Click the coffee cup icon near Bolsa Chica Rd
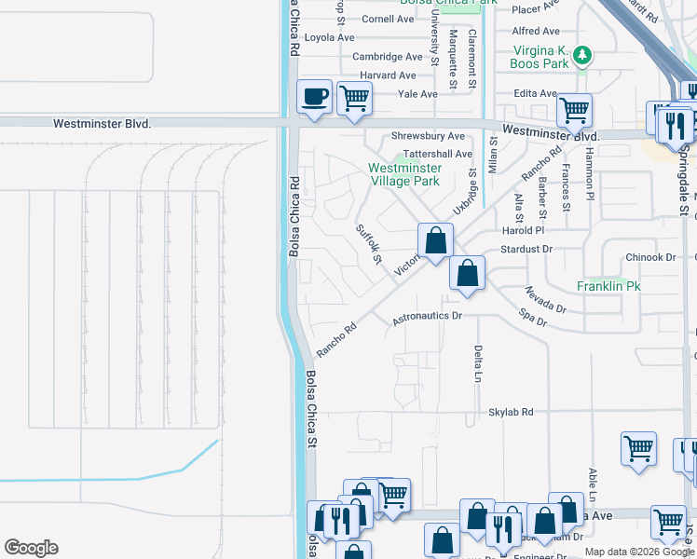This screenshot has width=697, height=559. click(x=314, y=96)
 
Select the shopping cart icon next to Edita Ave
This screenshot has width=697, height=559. click(x=574, y=110)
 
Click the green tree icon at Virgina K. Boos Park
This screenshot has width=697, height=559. click(x=583, y=55)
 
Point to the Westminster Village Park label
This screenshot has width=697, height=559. click(x=403, y=174)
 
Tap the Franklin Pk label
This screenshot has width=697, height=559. click(x=607, y=286)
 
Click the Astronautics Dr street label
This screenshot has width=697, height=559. click(x=427, y=317)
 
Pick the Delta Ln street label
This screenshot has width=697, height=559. click(x=477, y=364)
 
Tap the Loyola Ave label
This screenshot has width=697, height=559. click(x=330, y=38)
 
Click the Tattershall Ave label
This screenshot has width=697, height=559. click(x=431, y=154)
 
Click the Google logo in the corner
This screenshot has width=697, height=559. click(x=31, y=548)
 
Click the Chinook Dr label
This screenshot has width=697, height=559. click(x=649, y=257)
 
